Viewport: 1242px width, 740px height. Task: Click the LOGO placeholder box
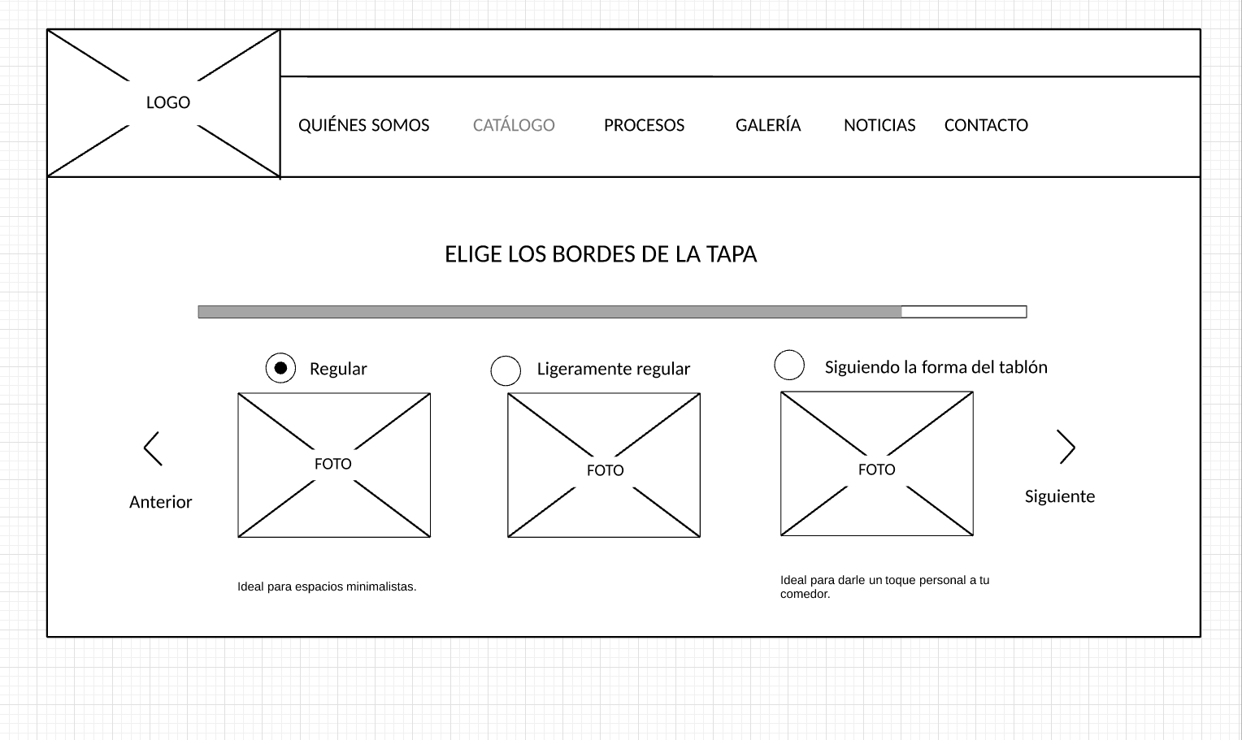(163, 103)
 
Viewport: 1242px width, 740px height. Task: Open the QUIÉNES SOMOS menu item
(363, 125)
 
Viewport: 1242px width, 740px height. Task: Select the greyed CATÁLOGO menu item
(514, 125)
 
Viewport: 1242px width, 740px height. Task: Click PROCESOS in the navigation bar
(644, 125)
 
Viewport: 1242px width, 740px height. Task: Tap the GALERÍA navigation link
(768, 125)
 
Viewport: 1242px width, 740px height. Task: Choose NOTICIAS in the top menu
(879, 125)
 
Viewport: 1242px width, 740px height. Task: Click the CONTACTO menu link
(986, 125)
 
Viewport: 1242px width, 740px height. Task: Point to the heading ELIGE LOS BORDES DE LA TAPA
(601, 254)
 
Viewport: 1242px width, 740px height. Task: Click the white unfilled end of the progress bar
(964, 312)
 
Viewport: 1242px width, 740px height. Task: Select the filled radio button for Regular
(280, 369)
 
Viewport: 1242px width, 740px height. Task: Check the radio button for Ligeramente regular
(506, 370)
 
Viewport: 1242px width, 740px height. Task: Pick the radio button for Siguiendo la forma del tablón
(789, 365)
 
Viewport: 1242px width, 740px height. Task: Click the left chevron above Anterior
(153, 448)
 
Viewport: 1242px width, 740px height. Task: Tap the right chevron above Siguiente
(1066, 447)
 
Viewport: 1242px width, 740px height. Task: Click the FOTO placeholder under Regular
(334, 465)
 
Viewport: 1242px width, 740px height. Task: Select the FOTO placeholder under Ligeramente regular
(604, 465)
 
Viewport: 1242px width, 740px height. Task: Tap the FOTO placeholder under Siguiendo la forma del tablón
(877, 464)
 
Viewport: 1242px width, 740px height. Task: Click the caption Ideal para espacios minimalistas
(327, 586)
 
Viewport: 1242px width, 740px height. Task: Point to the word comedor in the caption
(805, 594)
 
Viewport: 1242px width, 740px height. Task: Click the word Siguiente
(1059, 496)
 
